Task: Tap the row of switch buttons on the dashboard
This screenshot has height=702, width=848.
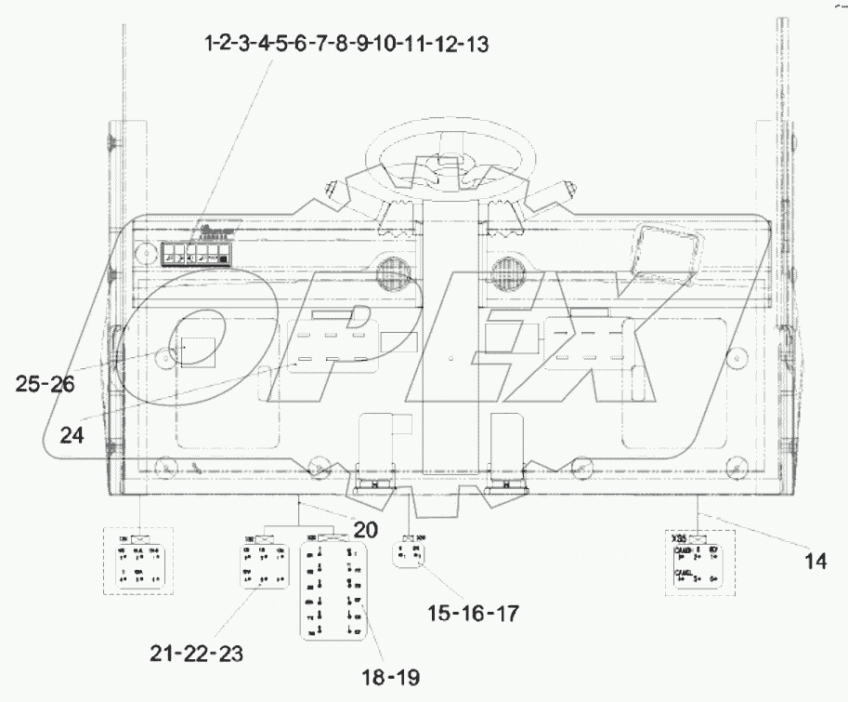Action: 195,255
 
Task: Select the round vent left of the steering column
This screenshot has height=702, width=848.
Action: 393,272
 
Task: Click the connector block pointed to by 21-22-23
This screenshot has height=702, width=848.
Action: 261,561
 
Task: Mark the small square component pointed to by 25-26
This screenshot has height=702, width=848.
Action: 198,351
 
